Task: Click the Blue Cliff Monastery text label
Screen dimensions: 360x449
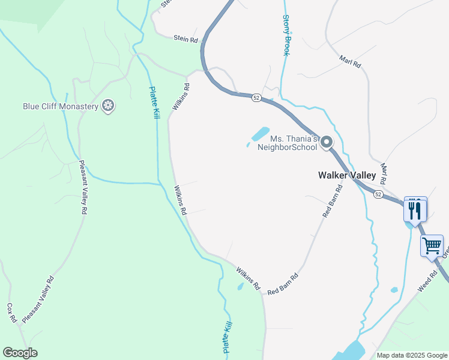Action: [x=60, y=107]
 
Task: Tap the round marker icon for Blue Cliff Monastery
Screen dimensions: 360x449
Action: [x=109, y=107]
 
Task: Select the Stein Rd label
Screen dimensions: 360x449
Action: [x=185, y=39]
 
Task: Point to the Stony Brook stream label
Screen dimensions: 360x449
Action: [x=286, y=36]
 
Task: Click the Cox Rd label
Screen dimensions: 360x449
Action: [x=11, y=313]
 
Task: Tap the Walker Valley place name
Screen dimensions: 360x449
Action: [x=346, y=176]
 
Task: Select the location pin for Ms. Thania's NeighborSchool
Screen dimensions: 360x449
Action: [x=327, y=142]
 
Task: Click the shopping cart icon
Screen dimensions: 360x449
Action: [x=432, y=245]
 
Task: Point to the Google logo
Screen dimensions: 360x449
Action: [x=20, y=353]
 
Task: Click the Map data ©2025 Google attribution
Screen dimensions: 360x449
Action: [x=411, y=355]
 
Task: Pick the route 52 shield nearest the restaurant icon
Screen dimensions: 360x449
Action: [x=377, y=195]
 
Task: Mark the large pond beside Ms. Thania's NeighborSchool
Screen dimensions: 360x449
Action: [x=259, y=133]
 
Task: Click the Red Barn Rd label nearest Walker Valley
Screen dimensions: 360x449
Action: [x=332, y=200]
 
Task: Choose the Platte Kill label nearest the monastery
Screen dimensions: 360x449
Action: [x=154, y=103]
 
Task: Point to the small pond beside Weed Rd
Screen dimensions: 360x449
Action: [x=394, y=290]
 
